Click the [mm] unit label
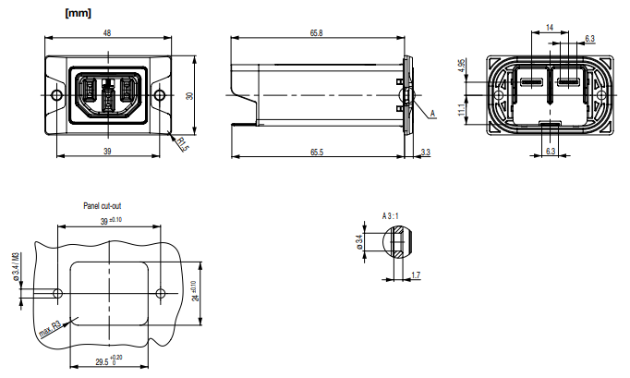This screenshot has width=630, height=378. coord(78,13)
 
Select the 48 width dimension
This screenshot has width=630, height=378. coord(107,32)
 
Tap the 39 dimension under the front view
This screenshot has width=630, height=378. coord(107,152)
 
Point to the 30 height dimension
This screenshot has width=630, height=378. coord(188,96)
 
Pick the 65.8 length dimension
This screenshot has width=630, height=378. coord(317,32)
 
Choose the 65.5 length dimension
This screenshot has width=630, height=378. coord(317,152)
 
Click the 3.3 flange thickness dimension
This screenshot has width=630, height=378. coord(425,152)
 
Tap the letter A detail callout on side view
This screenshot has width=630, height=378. coord(431,113)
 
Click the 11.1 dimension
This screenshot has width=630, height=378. coord(461,109)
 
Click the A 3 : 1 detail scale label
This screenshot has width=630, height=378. coord(391,214)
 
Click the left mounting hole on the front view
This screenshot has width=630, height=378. coord(57,95)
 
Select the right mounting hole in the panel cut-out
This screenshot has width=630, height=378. coord(162,293)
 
